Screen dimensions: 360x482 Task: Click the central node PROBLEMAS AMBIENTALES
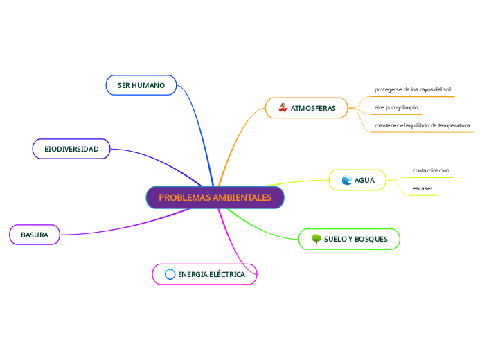point(215,197)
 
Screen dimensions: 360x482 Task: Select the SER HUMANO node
point(141,85)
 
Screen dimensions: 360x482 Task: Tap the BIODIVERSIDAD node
point(71,149)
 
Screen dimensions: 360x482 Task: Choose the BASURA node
point(35,235)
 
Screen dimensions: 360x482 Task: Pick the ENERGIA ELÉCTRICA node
point(204,274)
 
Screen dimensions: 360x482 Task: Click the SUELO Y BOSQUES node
point(349,239)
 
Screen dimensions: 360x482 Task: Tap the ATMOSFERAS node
point(306,108)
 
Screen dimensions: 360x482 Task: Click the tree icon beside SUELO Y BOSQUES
point(316,239)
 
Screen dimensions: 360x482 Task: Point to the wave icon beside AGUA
point(346,181)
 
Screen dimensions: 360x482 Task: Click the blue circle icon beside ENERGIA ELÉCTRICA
point(170,274)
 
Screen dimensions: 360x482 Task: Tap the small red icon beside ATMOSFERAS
point(283,108)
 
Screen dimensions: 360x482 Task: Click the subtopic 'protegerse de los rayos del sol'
point(412,89)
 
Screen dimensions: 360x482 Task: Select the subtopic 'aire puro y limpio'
point(396,107)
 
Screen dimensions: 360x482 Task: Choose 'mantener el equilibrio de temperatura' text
point(422,125)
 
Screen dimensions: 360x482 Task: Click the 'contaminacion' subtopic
point(431,170)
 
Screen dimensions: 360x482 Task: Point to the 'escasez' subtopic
point(422,188)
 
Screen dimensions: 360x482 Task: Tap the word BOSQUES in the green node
point(374,239)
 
